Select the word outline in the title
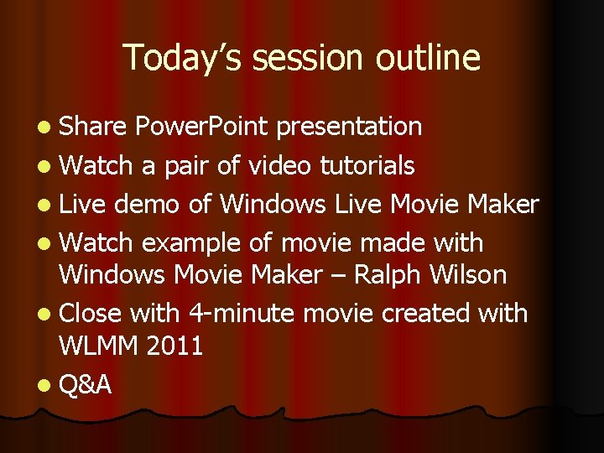pos(428,58)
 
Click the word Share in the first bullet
pos(92,127)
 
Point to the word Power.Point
pos(201,127)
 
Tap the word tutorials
pos(367,165)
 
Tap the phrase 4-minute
pos(241,314)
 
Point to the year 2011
pos(176,345)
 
